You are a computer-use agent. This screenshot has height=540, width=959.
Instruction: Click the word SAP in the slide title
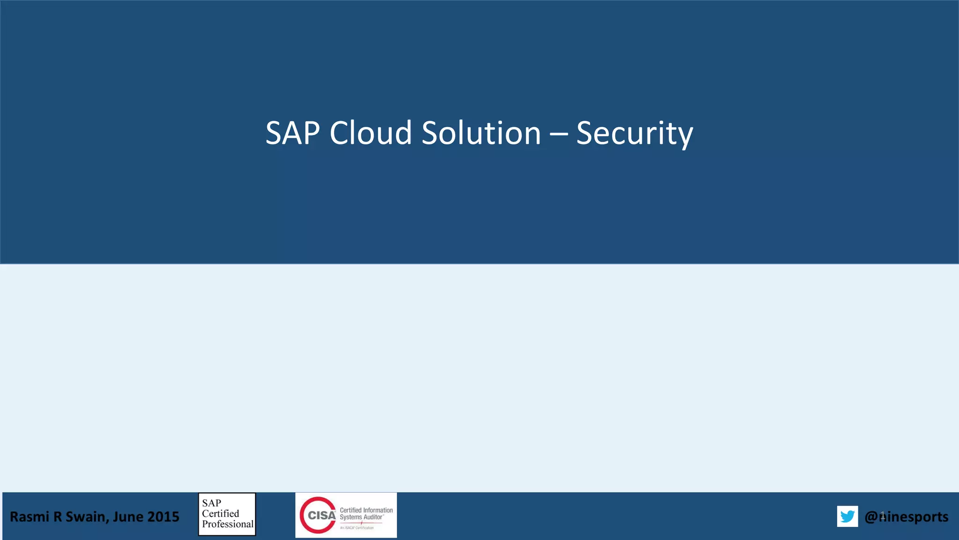(293, 133)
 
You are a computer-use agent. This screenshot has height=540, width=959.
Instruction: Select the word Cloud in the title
(370, 133)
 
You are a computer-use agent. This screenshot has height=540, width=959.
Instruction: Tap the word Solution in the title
(481, 133)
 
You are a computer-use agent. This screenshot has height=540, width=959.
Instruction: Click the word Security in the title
(634, 134)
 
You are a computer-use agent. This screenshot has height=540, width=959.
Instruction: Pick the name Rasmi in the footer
(30, 517)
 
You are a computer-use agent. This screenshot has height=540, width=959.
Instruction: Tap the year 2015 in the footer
(163, 517)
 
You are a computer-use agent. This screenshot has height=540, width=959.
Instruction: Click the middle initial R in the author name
(57, 517)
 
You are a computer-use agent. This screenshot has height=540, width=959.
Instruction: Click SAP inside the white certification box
(212, 503)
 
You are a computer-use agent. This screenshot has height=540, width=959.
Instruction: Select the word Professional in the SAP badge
(228, 524)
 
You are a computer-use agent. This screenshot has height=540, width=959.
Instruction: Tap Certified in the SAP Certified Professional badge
(221, 514)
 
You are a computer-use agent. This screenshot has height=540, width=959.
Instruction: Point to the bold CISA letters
(322, 516)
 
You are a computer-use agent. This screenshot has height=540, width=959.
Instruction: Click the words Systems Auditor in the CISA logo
(361, 517)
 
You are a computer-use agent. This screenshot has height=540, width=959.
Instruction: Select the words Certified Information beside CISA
(366, 510)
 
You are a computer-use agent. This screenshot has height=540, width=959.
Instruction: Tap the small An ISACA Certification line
(357, 528)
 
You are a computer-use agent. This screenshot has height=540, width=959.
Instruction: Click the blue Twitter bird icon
(848, 516)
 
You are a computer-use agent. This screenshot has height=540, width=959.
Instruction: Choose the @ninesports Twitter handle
(907, 517)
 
